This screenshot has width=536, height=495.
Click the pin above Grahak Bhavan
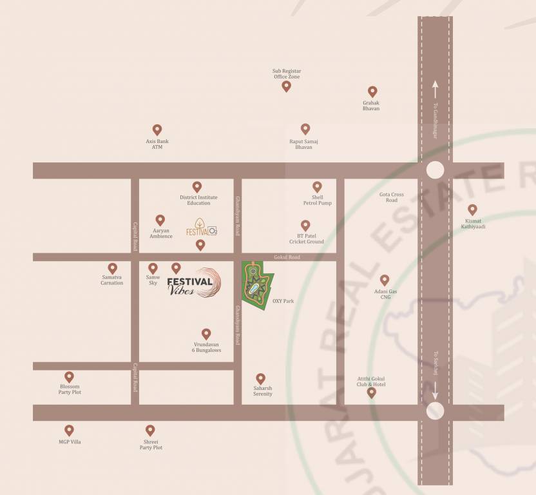pos(372,92)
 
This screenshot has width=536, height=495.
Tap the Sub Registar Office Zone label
pos(287,73)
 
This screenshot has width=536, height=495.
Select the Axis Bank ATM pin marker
pos(157,130)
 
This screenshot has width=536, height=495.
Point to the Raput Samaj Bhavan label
pos(304,144)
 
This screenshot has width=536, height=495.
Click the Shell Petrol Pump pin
pos(317,186)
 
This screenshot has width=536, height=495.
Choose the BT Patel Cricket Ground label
pos(306,238)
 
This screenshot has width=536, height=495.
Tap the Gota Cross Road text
pos(392,197)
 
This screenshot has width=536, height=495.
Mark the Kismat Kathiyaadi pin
pos(472,209)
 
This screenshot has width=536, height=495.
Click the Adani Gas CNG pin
pos(385,280)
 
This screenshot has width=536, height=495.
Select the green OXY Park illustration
pos(257,286)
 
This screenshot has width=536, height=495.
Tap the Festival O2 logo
pos(201,228)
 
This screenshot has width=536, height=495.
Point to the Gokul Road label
pos(287,257)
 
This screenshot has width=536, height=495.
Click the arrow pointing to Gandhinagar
pos(436,85)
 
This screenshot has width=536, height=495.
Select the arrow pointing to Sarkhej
pos(436,388)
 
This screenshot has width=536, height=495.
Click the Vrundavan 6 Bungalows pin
pos(206,334)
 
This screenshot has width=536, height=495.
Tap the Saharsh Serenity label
pos(263,391)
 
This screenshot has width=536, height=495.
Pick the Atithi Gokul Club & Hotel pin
pos(371,392)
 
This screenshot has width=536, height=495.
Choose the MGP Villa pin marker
pos(69,430)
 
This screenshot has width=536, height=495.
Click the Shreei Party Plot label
pos(151,445)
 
